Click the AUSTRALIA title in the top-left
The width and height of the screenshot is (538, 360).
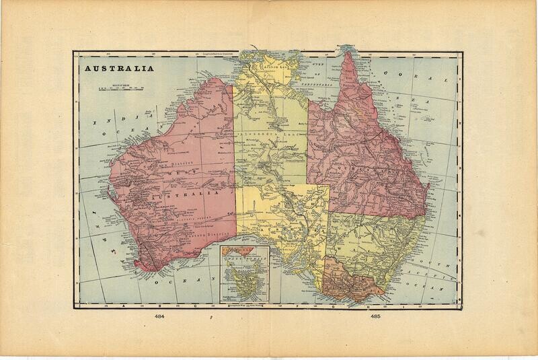click(116, 69)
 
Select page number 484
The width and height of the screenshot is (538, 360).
click(161, 316)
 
